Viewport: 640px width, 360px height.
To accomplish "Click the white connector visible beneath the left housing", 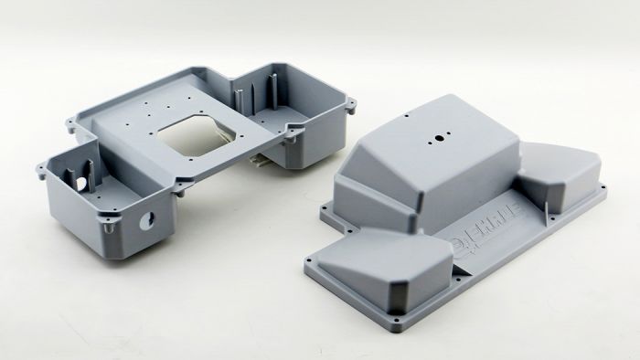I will tap(261, 162).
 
